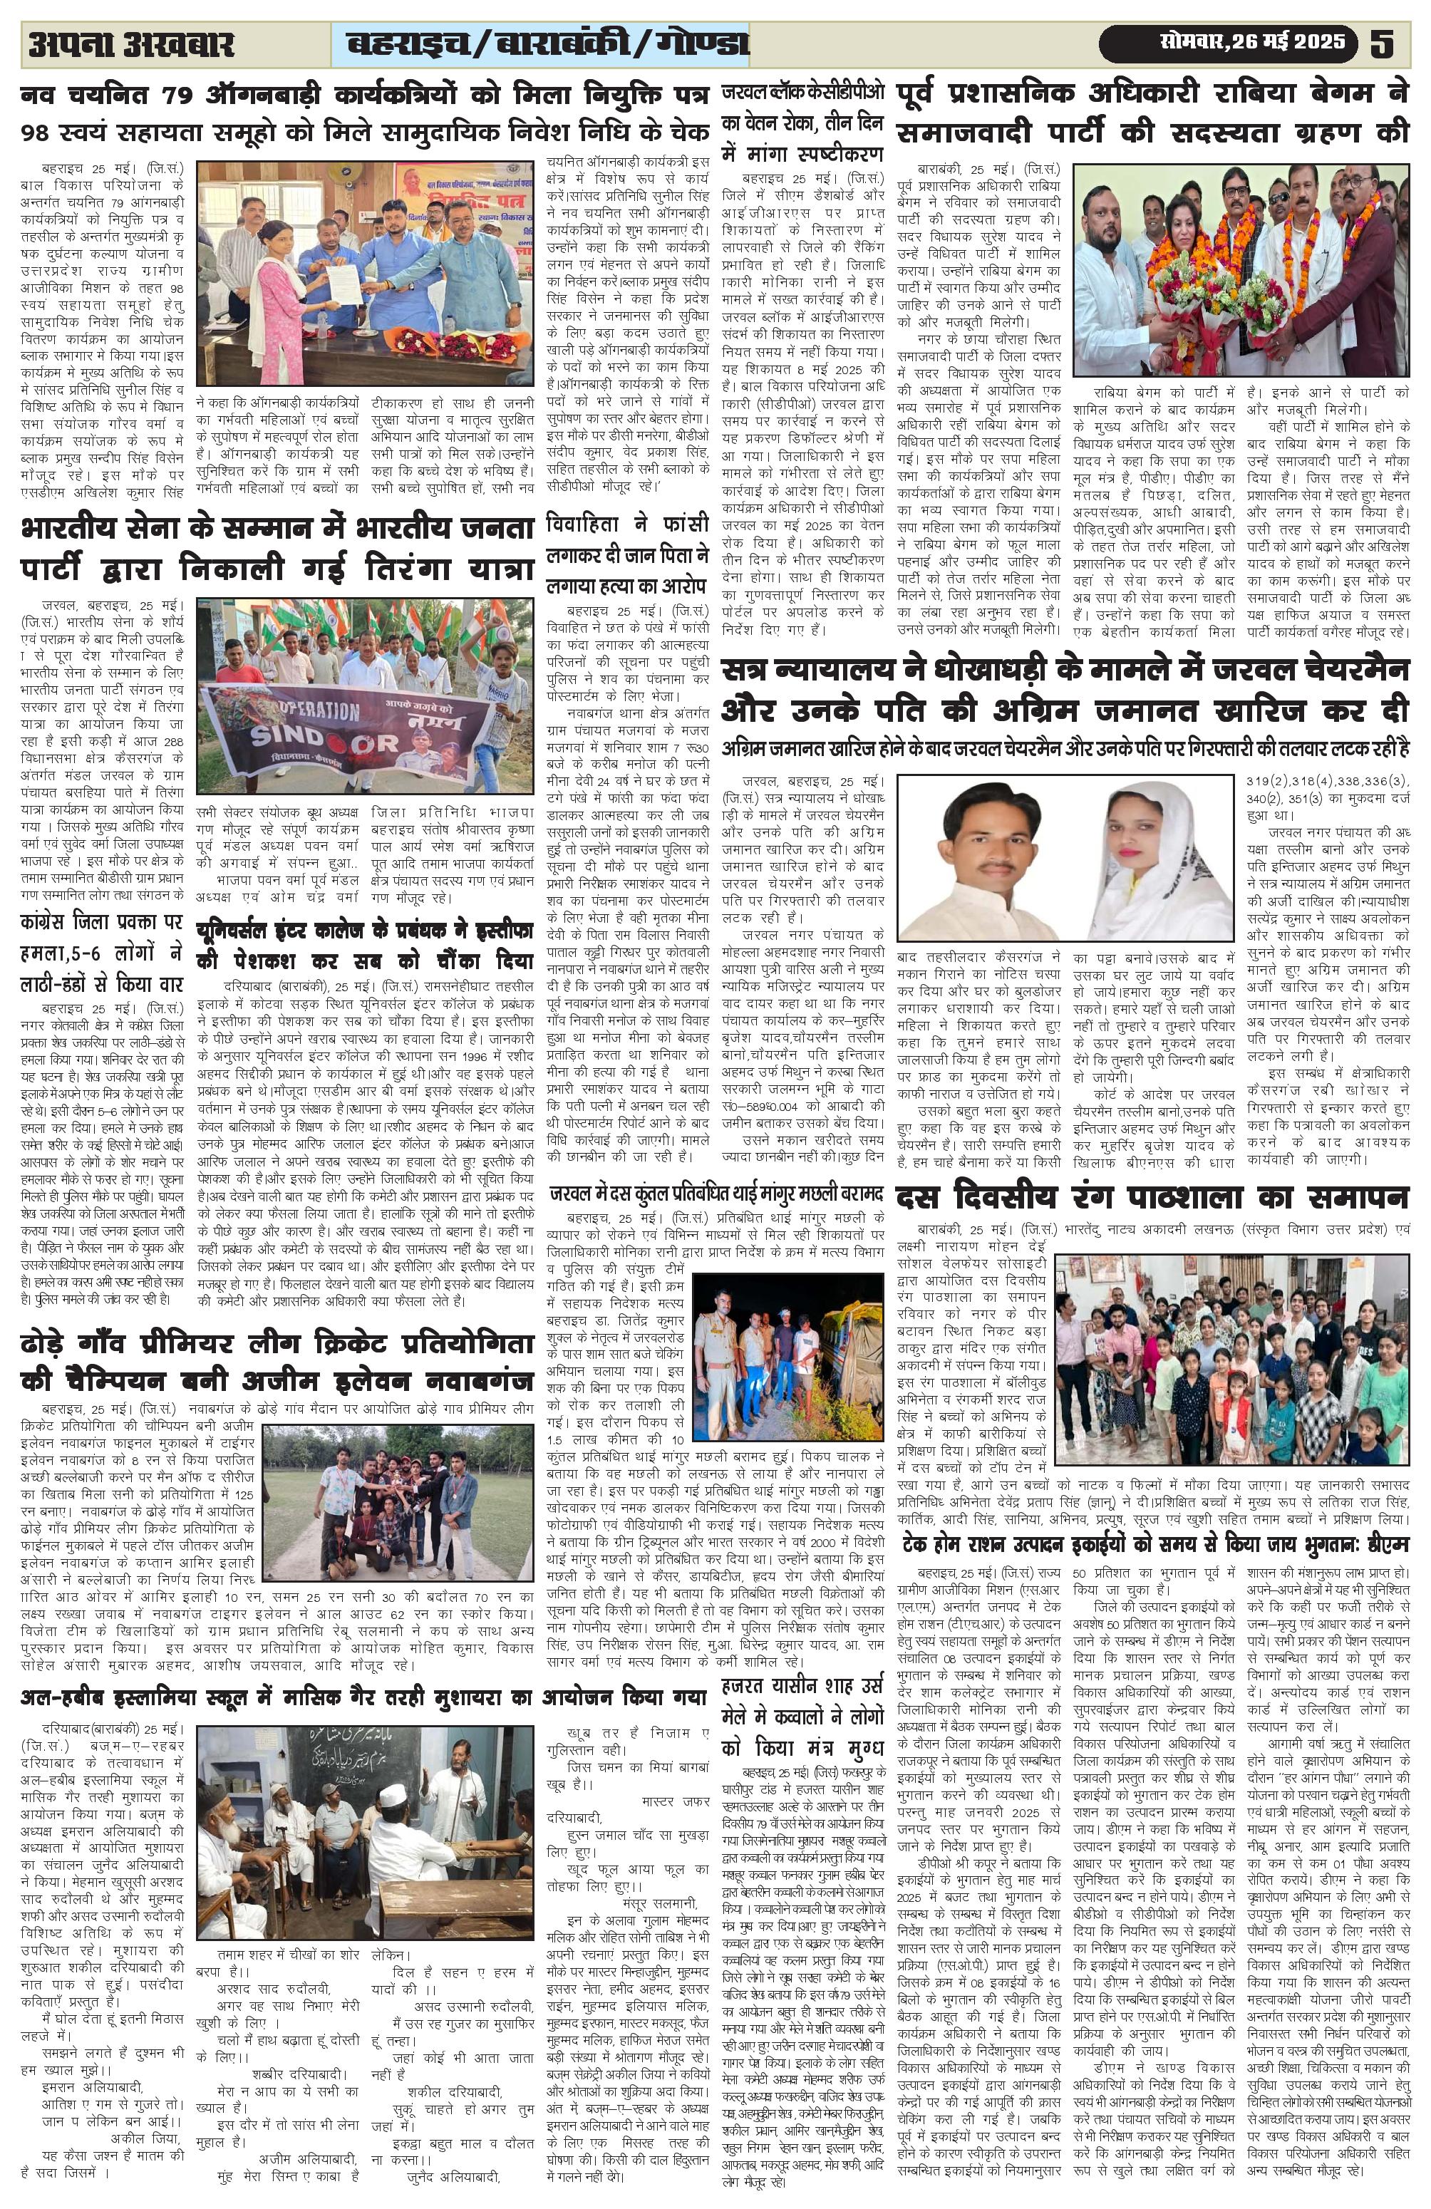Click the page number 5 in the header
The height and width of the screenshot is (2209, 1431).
pyautogui.click(x=1382, y=43)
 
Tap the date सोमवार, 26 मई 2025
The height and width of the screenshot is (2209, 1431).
pyautogui.click(x=1252, y=43)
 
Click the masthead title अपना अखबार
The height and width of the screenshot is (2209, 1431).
pyautogui.click(x=131, y=43)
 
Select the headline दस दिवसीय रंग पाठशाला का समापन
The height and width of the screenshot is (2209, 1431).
pyautogui.click(x=1152, y=1197)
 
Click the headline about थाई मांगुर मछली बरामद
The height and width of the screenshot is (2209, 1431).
pyautogui.click(x=715, y=1193)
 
